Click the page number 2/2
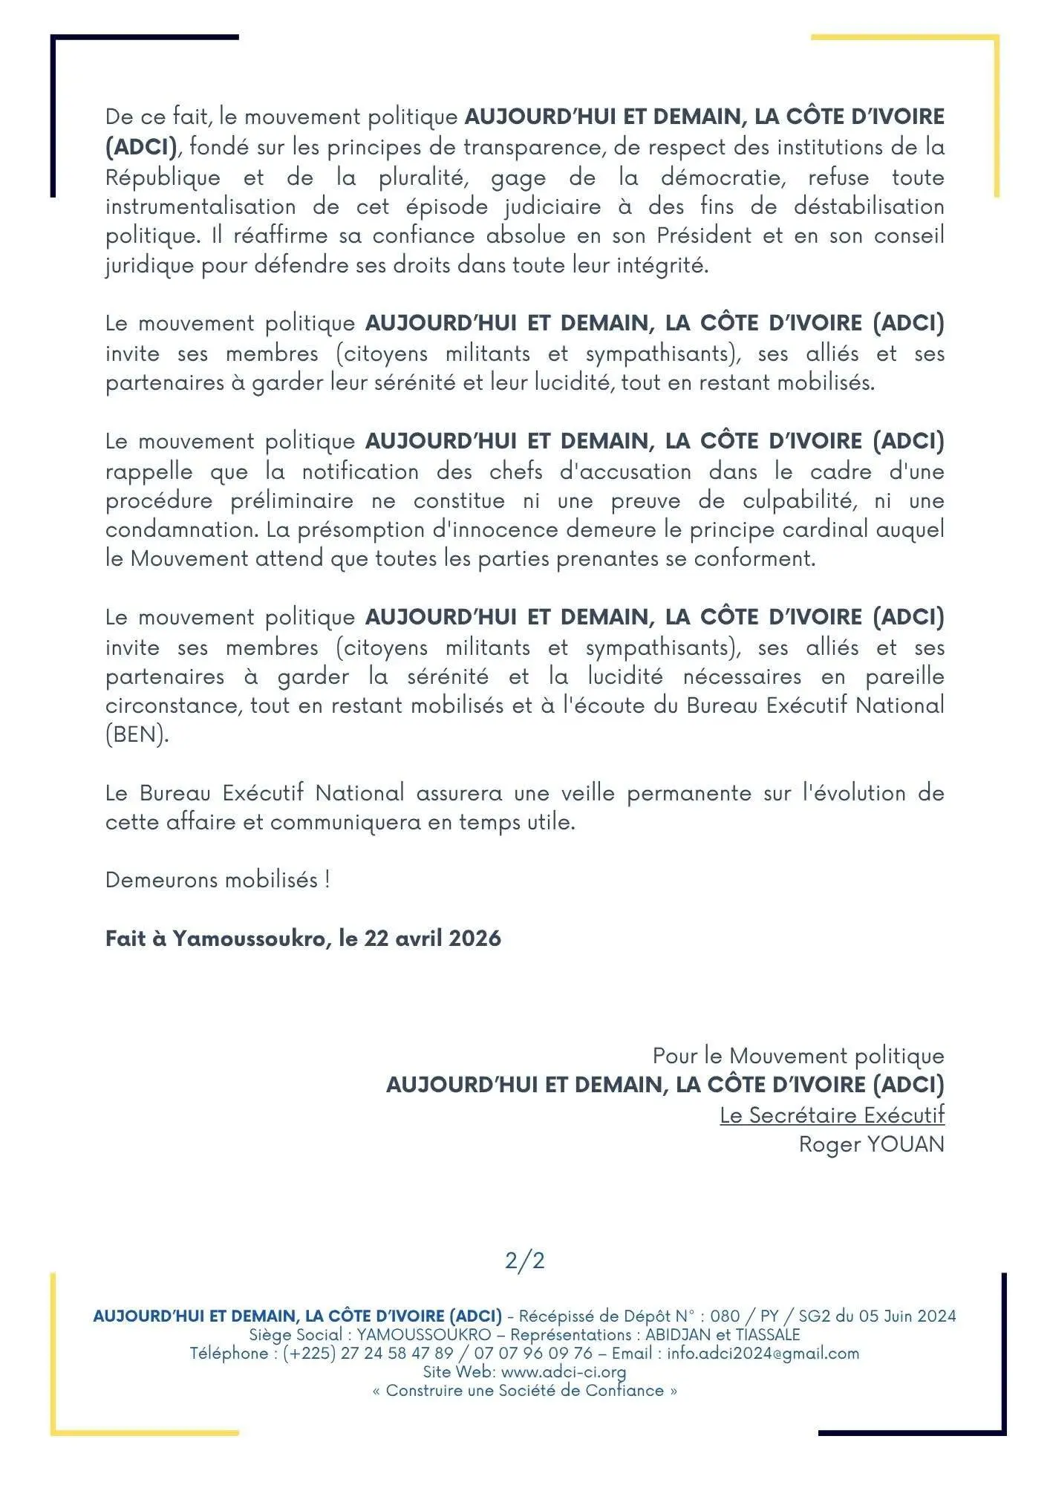(x=524, y=1260)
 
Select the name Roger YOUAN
(x=871, y=1143)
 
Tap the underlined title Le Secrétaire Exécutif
(x=832, y=1114)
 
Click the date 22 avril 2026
(x=432, y=938)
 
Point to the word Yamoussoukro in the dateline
(x=249, y=939)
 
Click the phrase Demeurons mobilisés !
(x=218, y=880)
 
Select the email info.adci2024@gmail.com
(x=763, y=1353)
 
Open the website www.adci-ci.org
(x=564, y=1371)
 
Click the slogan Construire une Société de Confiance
(x=524, y=1390)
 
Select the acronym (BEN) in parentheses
(x=137, y=734)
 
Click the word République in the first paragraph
(x=163, y=177)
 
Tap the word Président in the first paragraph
(x=705, y=235)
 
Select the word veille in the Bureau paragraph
(x=588, y=793)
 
